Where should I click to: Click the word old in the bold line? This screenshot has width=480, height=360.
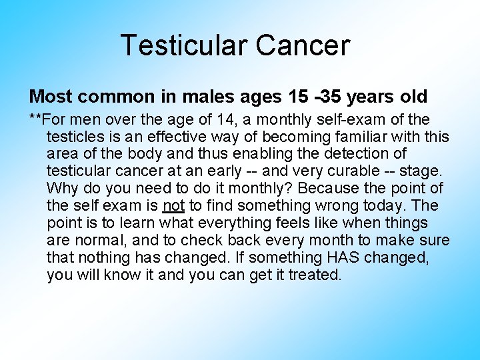tap(413, 97)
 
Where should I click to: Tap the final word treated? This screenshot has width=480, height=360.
tap(315, 275)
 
